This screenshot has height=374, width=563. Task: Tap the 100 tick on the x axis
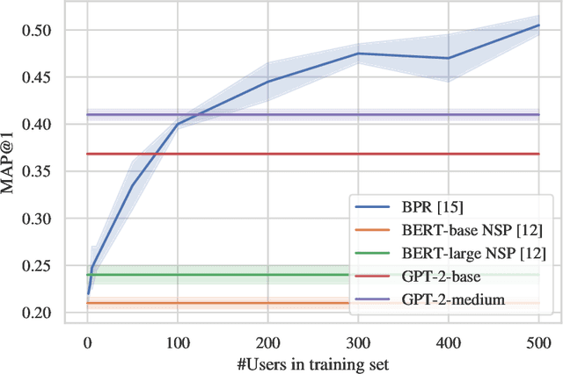pos(177,340)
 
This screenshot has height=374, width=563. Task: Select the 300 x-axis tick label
pos(358,340)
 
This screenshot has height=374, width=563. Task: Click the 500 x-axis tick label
pos(538,340)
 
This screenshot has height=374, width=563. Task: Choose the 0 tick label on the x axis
pos(87,340)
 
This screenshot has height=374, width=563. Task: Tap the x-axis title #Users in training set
pos(312,361)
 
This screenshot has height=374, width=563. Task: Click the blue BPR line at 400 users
pos(449,58)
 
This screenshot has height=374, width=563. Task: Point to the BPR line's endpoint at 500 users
pos(538,25)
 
